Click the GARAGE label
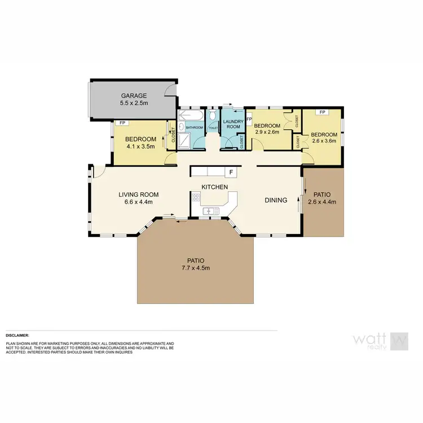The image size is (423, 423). [133, 96]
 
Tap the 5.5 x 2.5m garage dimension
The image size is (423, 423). [133, 104]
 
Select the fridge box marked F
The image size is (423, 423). [231, 171]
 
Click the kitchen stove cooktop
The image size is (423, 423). [196, 197]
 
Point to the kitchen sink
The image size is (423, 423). [211, 211]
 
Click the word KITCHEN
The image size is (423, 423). [215, 187]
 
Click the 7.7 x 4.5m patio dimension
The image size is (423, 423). [195, 268]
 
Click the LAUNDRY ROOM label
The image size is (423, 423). [232, 124]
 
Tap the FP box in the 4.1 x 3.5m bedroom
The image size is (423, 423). [121, 122]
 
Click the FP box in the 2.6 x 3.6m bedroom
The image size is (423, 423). [322, 112]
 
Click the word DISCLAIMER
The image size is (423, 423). [17, 335]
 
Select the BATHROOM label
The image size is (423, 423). [195, 127]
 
